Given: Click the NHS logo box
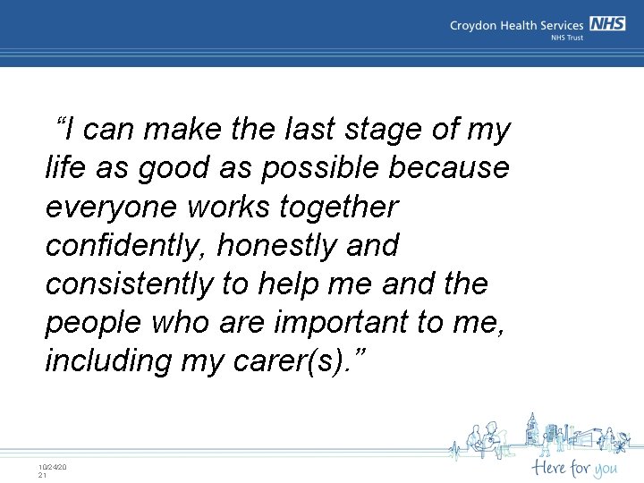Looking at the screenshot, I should point(607,25).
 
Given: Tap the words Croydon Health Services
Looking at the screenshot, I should point(517,26).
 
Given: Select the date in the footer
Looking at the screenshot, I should point(53,467).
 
